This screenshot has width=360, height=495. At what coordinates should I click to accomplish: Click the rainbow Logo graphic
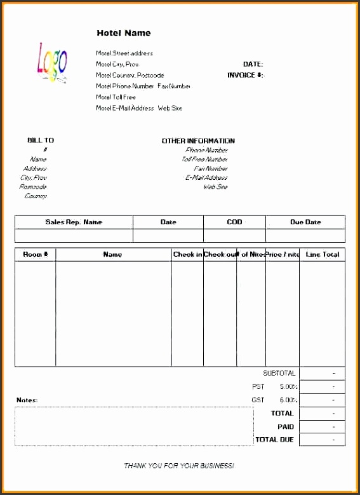click(x=52, y=63)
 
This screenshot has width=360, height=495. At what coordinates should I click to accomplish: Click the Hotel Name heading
click(x=123, y=33)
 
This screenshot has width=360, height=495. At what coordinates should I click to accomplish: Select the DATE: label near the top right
click(x=253, y=64)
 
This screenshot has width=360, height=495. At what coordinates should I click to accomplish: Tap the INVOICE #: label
click(x=245, y=75)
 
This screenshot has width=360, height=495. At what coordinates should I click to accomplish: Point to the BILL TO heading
click(x=41, y=140)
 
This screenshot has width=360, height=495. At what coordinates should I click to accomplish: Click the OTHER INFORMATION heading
click(x=198, y=141)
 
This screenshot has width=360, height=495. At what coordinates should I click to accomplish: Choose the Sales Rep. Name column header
click(x=74, y=222)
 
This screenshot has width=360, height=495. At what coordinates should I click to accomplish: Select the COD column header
click(x=234, y=222)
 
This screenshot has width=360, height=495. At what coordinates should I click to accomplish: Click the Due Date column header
click(x=305, y=222)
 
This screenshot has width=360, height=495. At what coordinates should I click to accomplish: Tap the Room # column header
click(x=36, y=255)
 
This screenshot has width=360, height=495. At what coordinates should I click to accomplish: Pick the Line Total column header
click(x=322, y=255)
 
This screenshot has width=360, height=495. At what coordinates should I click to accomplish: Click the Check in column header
click(x=187, y=255)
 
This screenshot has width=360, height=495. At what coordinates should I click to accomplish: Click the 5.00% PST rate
click(x=289, y=386)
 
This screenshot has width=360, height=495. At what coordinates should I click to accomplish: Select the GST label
click(x=258, y=400)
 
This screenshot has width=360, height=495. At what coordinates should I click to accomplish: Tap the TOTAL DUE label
click(x=274, y=440)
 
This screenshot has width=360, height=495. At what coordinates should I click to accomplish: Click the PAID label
click(x=285, y=426)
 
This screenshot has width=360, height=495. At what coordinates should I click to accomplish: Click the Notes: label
click(x=27, y=400)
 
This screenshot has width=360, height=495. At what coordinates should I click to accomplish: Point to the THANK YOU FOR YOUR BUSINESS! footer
click(x=179, y=466)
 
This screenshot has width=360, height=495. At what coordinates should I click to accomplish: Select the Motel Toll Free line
click(x=116, y=97)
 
